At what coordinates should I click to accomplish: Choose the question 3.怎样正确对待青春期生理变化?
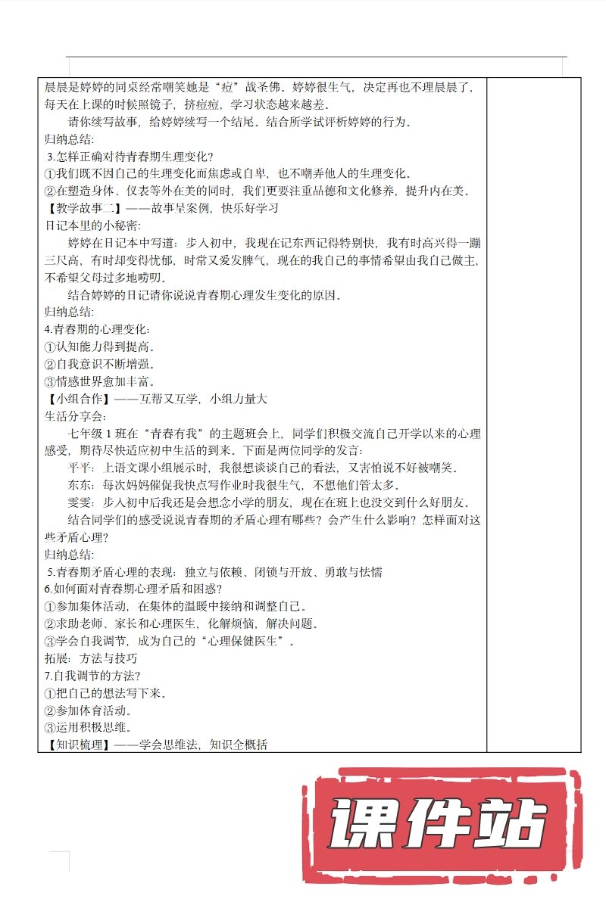131,157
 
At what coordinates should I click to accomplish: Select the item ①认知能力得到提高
98,347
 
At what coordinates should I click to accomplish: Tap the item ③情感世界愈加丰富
98,381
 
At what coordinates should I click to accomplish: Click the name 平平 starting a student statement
79,468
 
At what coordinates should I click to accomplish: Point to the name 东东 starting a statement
79,485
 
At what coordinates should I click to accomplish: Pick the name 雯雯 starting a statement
79,502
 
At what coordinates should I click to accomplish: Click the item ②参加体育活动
88,710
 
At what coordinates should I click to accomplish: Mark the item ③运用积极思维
88,727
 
